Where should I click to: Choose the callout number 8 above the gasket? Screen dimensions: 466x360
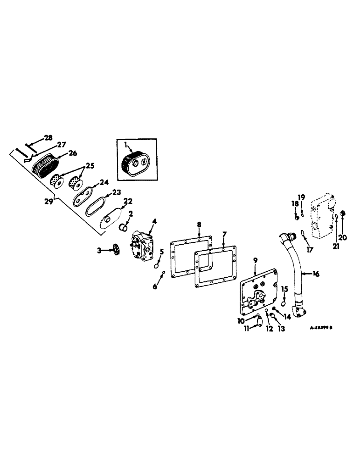click(x=199, y=225)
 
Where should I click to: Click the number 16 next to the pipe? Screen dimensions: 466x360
click(x=316, y=274)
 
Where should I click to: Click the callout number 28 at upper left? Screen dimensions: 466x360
click(x=48, y=137)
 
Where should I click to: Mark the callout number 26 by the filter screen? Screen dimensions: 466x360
click(x=73, y=153)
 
